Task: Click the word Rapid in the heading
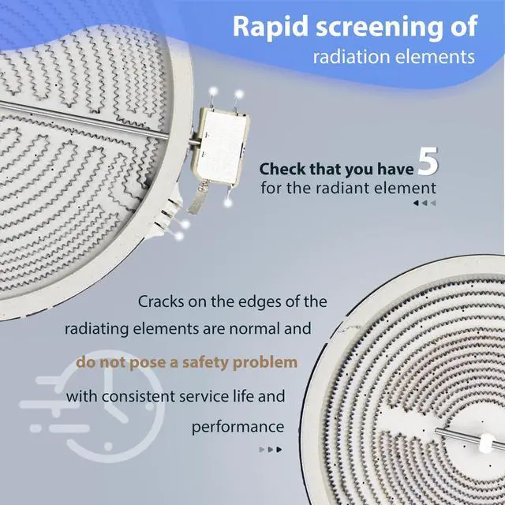tap(271, 28)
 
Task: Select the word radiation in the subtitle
tap(350, 57)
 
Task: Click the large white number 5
tap(428, 161)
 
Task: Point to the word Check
tap(282, 169)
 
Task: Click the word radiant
tap(339, 188)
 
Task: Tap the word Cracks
tap(161, 301)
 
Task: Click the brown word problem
tap(265, 363)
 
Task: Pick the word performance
tap(238, 428)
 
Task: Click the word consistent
tap(138, 396)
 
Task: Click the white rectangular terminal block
tap(223, 145)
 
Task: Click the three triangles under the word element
tap(425, 204)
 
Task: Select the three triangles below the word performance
tap(271, 450)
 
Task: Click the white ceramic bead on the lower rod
tap(486, 443)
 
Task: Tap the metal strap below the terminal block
tap(199, 197)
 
